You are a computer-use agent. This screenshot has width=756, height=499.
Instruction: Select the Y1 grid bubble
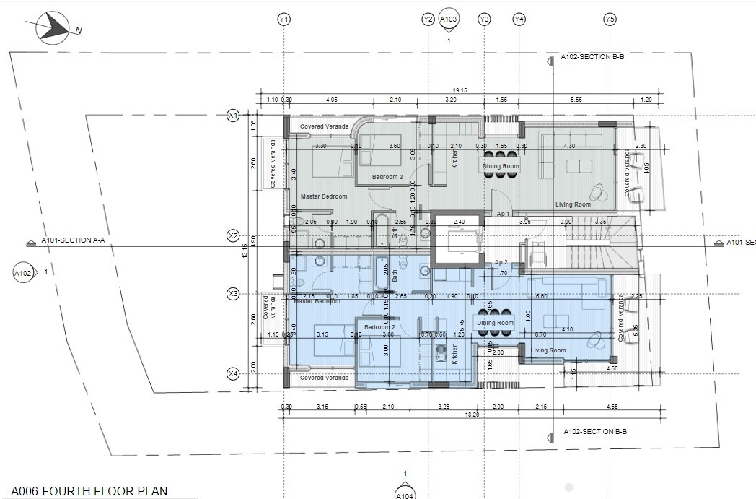pyautogui.click(x=283, y=19)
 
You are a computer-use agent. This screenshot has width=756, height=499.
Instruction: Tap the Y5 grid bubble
pyautogui.click(x=610, y=19)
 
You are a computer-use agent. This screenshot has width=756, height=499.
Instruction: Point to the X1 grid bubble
pyautogui.click(x=232, y=115)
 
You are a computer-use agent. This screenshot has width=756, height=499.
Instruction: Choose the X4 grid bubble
pyautogui.click(x=232, y=373)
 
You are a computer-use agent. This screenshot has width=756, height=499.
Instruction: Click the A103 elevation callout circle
pyautogui.click(x=449, y=19)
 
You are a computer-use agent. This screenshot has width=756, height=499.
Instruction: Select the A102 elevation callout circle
pyautogui.click(x=23, y=273)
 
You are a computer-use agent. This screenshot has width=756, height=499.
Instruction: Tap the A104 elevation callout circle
pyautogui.click(x=405, y=494)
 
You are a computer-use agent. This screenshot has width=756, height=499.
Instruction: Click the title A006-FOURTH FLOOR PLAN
pyautogui.click(x=89, y=491)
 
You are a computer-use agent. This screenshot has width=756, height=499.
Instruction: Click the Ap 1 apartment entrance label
pyautogui.click(x=504, y=214)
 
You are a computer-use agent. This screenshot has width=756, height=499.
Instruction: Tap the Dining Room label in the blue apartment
pyautogui.click(x=495, y=323)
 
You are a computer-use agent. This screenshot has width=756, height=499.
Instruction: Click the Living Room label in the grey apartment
pyautogui.click(x=573, y=204)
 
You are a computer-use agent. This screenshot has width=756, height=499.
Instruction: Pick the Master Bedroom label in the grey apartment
pyautogui.click(x=324, y=196)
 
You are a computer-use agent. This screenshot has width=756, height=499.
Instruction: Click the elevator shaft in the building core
pyautogui.click(x=458, y=242)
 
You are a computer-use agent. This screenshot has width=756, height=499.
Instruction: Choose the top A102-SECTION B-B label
pyautogui.click(x=592, y=55)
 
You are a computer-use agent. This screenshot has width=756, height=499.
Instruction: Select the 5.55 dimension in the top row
pyautogui.click(x=575, y=99)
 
